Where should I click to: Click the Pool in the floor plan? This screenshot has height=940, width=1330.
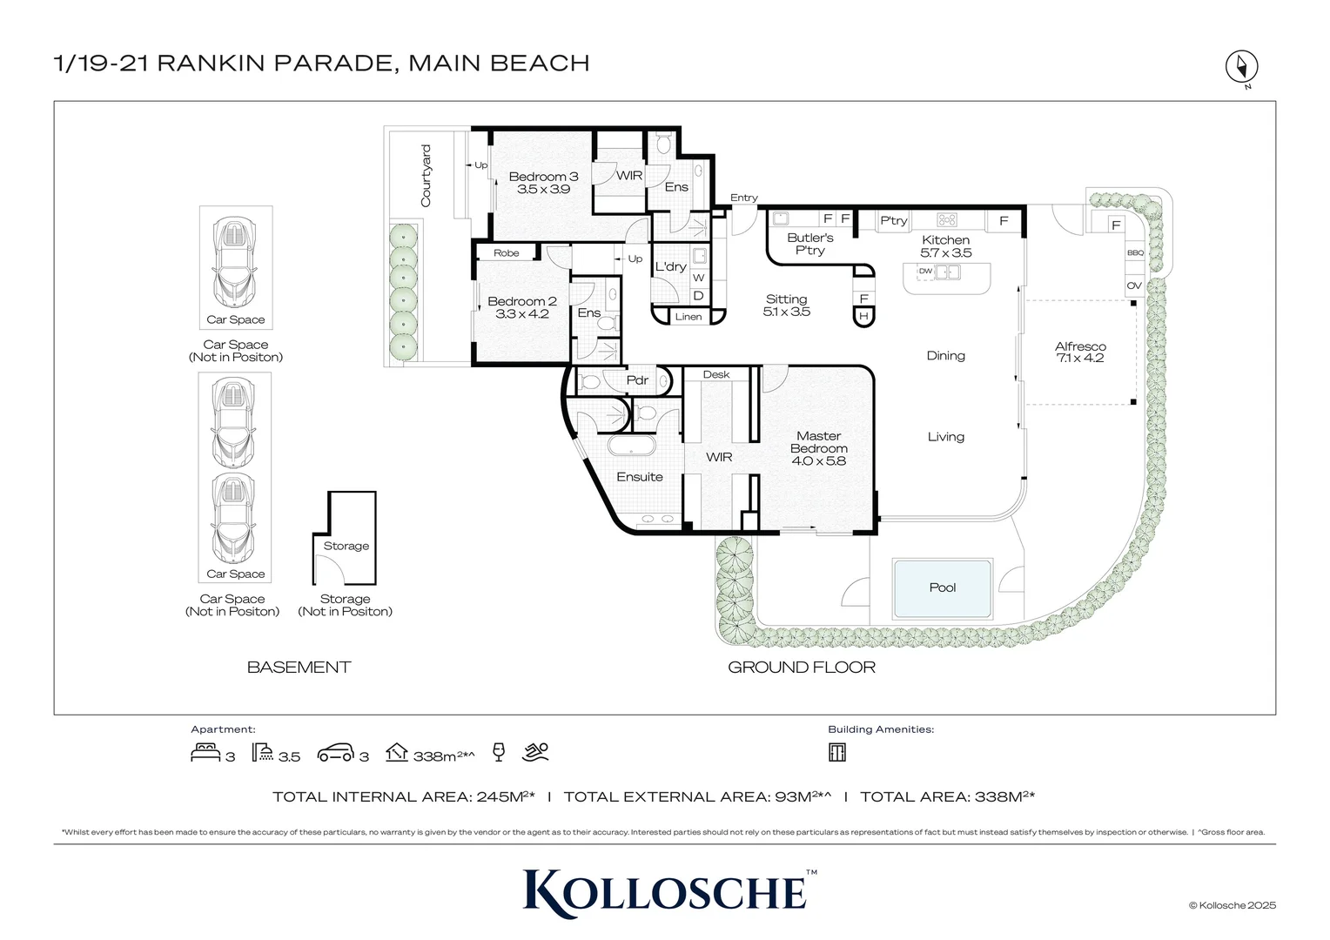click(942, 588)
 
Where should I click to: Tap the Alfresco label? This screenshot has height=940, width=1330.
click(1079, 346)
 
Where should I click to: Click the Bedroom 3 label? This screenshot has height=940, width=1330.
click(543, 177)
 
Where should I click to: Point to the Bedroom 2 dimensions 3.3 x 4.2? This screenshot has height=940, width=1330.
click(522, 314)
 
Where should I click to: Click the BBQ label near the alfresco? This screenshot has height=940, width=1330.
click(1135, 252)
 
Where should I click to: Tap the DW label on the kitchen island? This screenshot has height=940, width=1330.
click(925, 272)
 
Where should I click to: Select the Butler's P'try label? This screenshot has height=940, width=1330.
click(809, 244)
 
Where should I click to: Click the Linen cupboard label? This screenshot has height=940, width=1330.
click(688, 317)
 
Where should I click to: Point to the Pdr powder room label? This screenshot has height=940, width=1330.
click(637, 380)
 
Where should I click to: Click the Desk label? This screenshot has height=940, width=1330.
click(716, 375)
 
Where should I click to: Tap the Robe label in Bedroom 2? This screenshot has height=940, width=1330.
click(506, 253)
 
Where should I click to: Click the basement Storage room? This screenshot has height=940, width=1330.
click(346, 546)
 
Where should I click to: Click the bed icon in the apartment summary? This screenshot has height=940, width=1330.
click(205, 752)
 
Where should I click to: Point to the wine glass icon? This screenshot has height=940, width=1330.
click(499, 752)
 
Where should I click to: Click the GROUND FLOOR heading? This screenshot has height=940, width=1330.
click(801, 668)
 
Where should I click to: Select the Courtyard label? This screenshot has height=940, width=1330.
click(426, 176)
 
